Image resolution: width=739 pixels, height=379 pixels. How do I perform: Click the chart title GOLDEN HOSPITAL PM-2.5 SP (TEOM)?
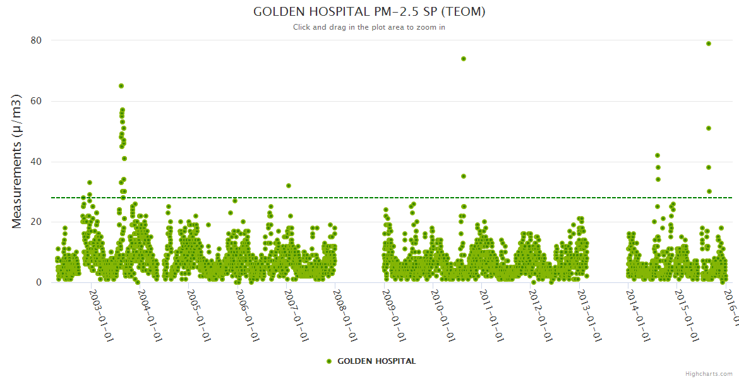tap(369, 11)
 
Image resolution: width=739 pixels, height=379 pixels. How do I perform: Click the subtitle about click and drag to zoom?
tap(369, 27)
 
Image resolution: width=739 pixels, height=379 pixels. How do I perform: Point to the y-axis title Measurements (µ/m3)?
tap(17, 162)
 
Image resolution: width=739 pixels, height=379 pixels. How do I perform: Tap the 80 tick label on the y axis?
tap(36, 40)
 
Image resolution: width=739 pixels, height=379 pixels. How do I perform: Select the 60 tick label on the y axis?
tap(36, 101)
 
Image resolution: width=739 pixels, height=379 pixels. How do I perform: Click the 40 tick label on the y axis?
tap(36, 162)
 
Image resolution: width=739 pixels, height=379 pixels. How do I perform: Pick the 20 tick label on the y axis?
tap(36, 222)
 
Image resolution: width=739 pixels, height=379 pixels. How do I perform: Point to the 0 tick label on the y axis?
tap(39, 282)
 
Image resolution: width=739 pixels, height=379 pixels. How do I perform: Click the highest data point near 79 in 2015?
tap(709, 44)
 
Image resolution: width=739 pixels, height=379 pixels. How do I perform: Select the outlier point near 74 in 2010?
tap(464, 59)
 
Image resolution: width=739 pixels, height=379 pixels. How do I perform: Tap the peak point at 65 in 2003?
tap(121, 86)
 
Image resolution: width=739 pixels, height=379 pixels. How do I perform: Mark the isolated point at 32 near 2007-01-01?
tap(289, 186)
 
